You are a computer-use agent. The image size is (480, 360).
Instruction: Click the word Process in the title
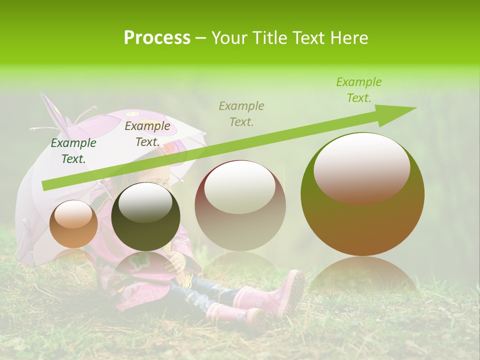(157, 37)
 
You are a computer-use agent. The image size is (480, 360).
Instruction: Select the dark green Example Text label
(73, 151)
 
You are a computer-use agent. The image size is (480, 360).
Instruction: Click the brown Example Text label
(147, 134)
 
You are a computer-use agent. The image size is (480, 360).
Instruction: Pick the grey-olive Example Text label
(241, 113)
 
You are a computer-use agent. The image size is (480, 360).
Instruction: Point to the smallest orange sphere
(73, 223)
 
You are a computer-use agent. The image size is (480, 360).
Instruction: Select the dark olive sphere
(145, 216)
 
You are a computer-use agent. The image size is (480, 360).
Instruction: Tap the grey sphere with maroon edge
(240, 205)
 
